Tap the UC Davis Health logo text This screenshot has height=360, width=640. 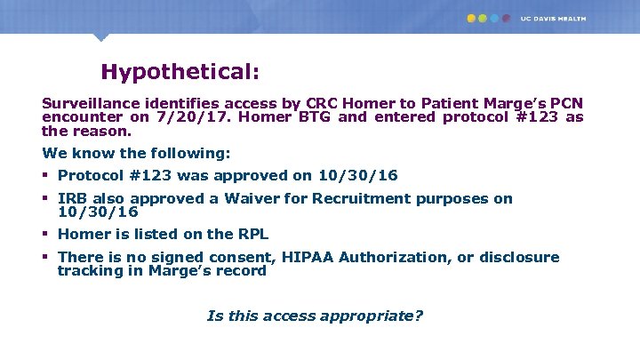pyautogui.click(x=554, y=18)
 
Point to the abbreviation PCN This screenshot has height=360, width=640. pyautogui.click(x=564, y=103)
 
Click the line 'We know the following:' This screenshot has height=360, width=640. pyautogui.click(x=129, y=153)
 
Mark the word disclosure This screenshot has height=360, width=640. pyautogui.click(x=519, y=258)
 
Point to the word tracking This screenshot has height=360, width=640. pyautogui.click(x=89, y=270)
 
